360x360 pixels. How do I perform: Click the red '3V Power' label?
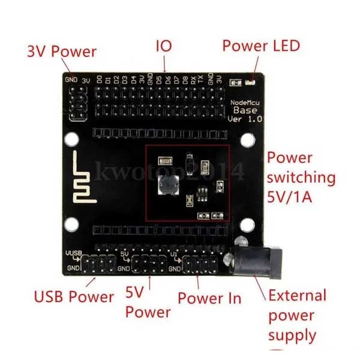[62, 52]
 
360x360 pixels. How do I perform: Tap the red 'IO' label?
[164, 46]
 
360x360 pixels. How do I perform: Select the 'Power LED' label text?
[261, 46]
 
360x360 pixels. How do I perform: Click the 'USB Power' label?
[74, 296]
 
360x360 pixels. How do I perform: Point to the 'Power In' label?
[209, 298]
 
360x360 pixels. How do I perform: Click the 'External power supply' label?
[298, 315]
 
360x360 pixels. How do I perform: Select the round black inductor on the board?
[168, 186]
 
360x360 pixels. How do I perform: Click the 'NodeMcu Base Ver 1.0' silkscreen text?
[246, 110]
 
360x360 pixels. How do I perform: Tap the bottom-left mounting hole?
[71, 225]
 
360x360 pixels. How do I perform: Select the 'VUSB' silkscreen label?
[73, 254]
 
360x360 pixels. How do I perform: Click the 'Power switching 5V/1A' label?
[300, 178]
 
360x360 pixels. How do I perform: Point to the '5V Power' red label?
[148, 303]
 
